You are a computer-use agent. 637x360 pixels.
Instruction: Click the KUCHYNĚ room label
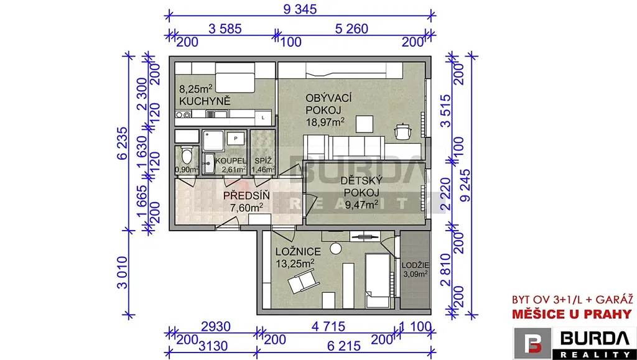click(x=205, y=101)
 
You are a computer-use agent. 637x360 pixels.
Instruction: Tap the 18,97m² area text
click(x=325, y=122)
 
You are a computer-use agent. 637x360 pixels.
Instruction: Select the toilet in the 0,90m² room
click(x=187, y=156)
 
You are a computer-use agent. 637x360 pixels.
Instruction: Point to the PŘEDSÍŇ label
click(x=246, y=196)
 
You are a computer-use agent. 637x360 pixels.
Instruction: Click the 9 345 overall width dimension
click(x=300, y=9)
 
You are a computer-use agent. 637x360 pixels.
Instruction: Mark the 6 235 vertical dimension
click(x=122, y=143)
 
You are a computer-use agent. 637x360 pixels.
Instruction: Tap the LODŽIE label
click(x=414, y=265)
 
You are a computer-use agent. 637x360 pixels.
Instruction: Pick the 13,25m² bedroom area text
click(x=295, y=262)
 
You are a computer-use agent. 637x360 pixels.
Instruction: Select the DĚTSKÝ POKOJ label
click(x=360, y=187)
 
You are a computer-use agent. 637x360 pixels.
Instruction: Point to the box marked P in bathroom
click(x=236, y=139)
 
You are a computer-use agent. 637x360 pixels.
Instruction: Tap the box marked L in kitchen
click(x=263, y=118)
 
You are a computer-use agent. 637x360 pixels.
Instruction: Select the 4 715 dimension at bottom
click(x=328, y=326)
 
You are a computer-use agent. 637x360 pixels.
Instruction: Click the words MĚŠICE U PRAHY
click(x=572, y=314)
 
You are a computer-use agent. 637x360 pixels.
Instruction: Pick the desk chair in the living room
click(x=403, y=131)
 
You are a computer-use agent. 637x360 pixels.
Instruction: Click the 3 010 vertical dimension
click(x=123, y=272)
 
